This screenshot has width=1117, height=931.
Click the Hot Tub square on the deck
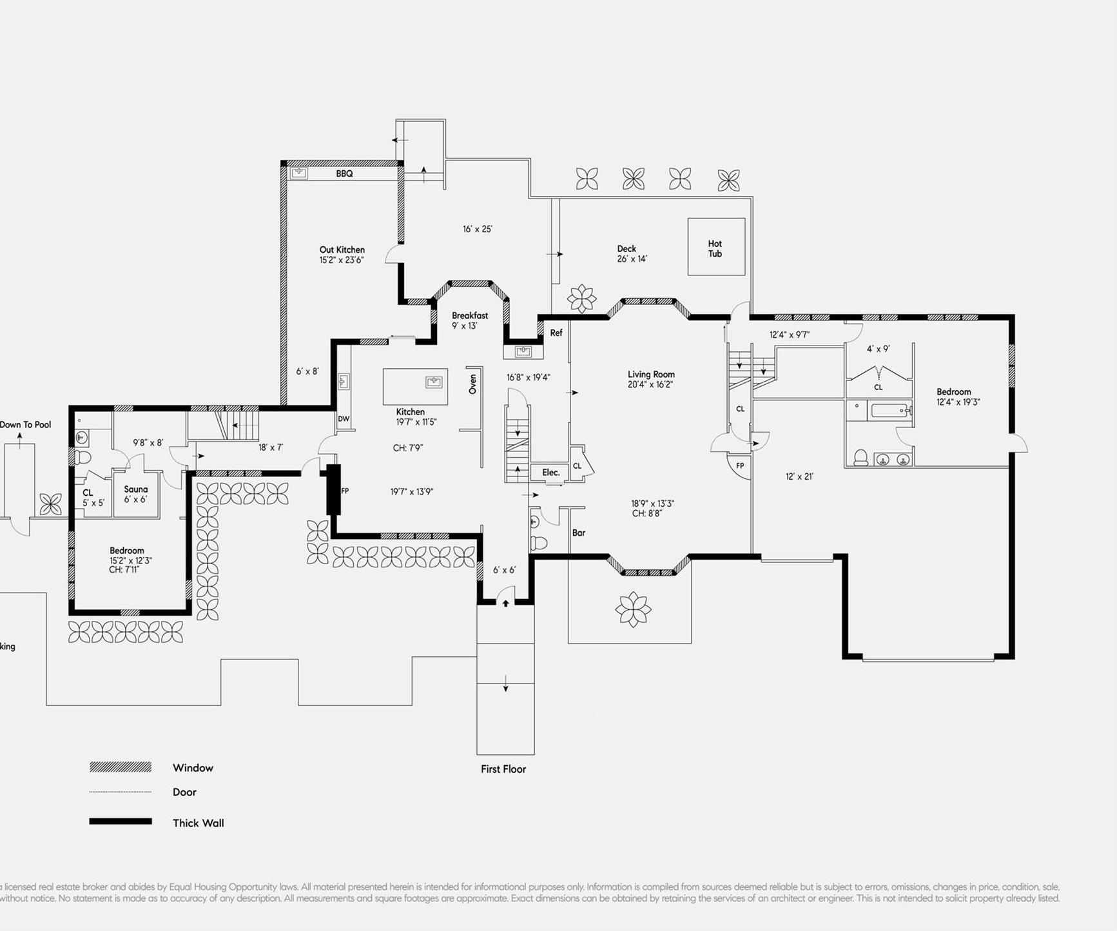click(x=715, y=247)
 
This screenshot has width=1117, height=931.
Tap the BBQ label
click(x=344, y=173)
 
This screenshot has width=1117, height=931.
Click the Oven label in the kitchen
click(x=472, y=384)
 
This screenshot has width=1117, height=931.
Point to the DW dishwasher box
click(x=344, y=418)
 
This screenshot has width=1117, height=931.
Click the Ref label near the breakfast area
click(x=556, y=333)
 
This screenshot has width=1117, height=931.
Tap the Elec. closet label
click(x=550, y=473)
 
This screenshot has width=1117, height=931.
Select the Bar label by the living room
click(x=578, y=533)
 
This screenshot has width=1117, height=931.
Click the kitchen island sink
click(x=434, y=382)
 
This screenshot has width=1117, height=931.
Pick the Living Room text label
click(x=651, y=375)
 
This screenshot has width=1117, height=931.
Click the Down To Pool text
click(x=26, y=424)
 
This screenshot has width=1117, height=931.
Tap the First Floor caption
click(x=503, y=769)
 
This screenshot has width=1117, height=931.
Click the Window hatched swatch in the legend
click(x=121, y=767)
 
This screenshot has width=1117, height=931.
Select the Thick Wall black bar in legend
click(x=121, y=821)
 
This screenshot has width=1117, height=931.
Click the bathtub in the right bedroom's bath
click(x=889, y=410)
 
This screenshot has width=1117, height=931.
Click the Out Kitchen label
click(x=342, y=250)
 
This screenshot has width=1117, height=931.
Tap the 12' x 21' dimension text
click(x=799, y=476)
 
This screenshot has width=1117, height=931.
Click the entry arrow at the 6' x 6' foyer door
click(x=506, y=603)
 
